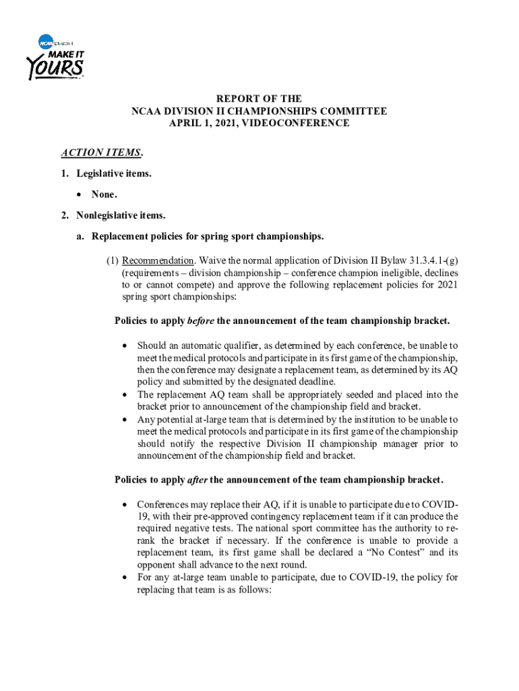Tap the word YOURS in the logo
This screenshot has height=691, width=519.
(55, 67)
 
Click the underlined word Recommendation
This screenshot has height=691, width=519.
(158, 260)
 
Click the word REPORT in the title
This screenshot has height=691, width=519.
(235, 99)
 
